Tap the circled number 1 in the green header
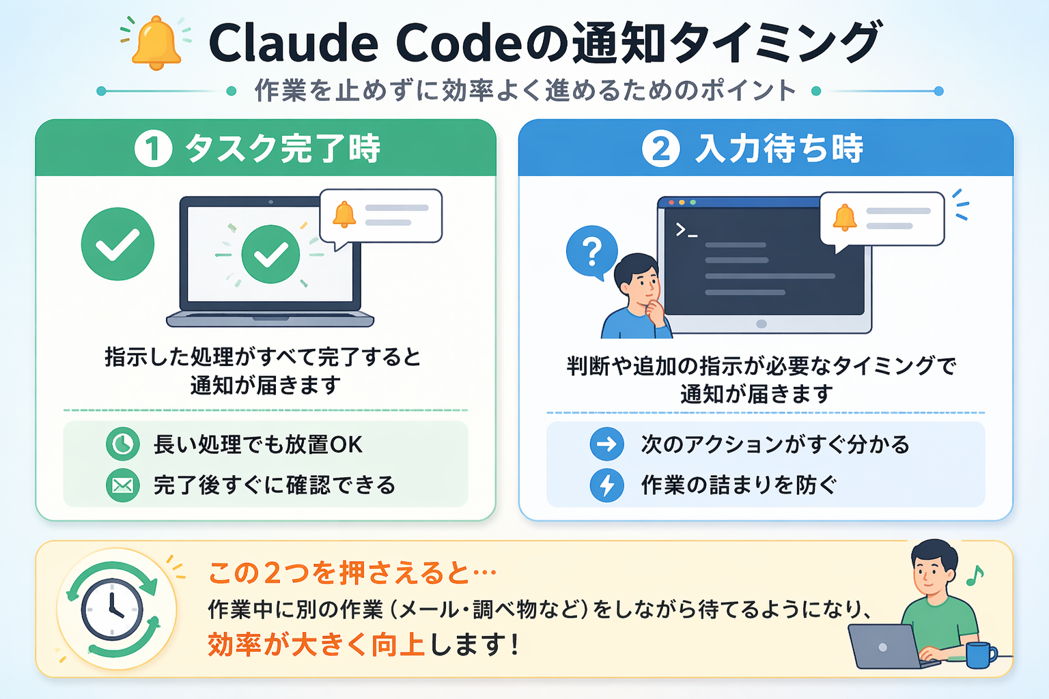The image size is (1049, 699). coord(153,149)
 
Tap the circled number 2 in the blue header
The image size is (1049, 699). coord(660,149)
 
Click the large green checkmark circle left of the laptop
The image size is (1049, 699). coord(117,244)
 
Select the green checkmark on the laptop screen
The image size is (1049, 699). coord(270,254)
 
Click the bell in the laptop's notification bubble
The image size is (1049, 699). coord(344,214)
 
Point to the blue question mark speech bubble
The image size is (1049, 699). coord(591,251)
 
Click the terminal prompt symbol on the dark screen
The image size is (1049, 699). coord(686,230)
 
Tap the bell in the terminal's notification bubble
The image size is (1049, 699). coord(845,217)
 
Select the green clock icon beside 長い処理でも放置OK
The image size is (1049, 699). coord(123,444)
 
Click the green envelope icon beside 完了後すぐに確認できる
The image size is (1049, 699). coord(123,485)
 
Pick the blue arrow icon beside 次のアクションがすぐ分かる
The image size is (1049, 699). coord(606,445)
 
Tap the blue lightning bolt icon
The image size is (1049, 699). coord(606,485)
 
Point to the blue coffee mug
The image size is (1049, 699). coord(979,655)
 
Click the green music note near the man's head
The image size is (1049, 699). coord(975,575)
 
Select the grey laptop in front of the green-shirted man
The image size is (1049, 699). coord(884,646)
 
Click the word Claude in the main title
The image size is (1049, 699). coord(293,43)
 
